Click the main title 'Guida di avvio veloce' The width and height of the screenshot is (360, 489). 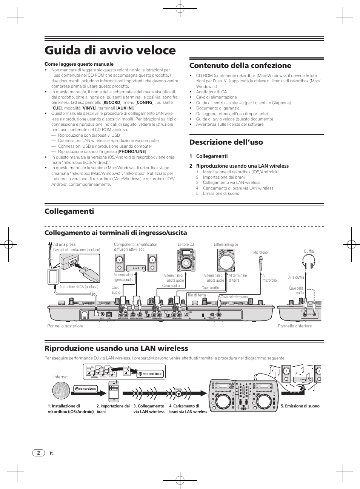110,50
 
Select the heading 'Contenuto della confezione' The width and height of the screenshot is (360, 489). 240,65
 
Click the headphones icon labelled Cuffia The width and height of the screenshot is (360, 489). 309,262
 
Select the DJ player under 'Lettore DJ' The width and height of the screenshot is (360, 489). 185,261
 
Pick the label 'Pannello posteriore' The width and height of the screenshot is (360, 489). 65,326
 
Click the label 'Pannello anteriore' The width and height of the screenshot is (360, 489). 295,326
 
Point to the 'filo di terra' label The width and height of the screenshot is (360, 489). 197,295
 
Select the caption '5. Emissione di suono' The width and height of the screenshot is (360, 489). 300,406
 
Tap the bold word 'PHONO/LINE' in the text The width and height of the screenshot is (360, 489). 132,151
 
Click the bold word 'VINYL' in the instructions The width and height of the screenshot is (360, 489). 89,108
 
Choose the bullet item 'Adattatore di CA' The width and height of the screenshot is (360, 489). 211,92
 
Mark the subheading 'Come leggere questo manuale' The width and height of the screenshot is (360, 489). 79,64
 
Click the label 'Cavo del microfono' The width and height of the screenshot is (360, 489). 234,297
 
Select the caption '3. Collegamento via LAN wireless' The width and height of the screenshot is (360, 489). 149,409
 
